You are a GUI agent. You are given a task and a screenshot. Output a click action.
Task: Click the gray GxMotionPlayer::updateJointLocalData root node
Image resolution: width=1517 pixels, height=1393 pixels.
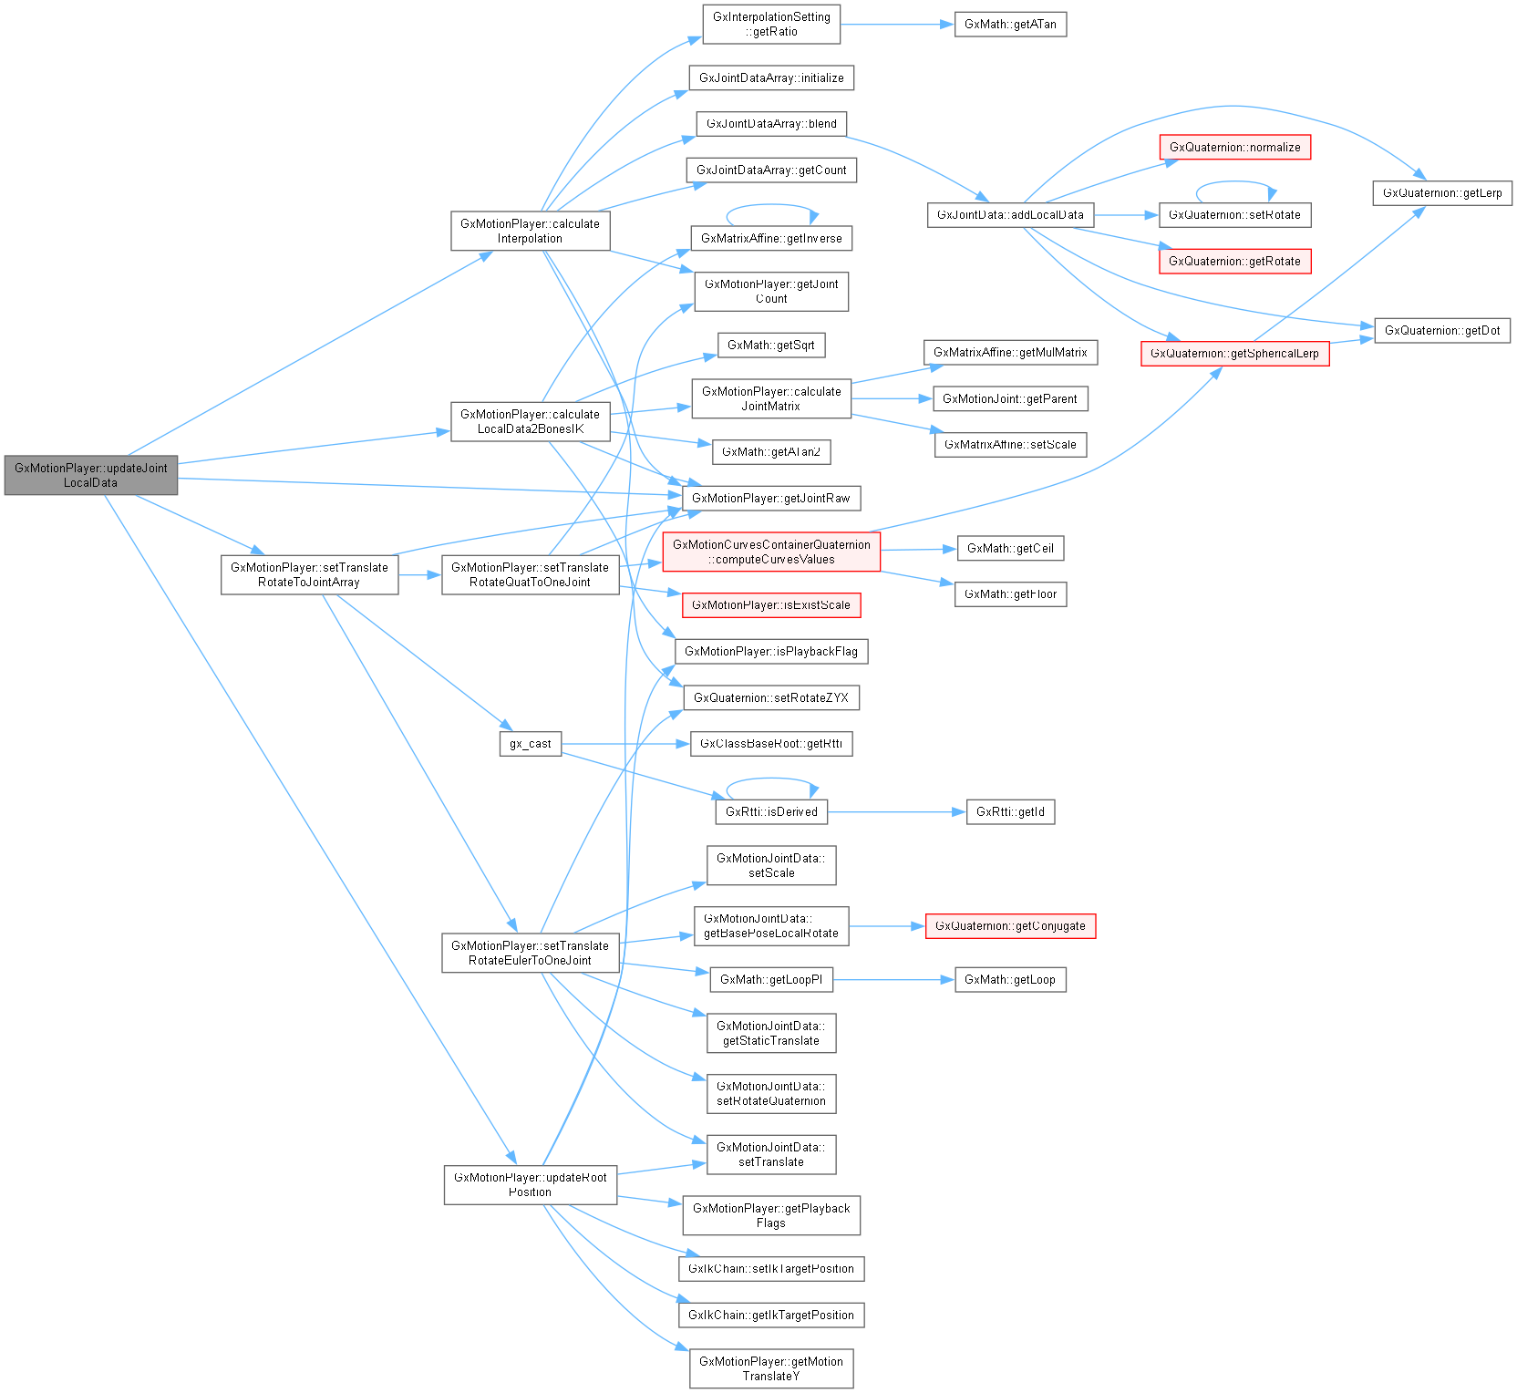pyautogui.click(x=90, y=475)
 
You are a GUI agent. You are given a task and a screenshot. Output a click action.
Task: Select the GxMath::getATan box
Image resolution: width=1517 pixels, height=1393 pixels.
pyautogui.click(x=1010, y=25)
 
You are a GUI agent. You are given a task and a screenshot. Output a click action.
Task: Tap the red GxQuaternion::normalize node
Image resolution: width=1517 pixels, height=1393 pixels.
pyautogui.click(x=1234, y=147)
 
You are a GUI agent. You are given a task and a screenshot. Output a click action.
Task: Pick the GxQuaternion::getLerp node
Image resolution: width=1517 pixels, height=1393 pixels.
pyautogui.click(x=1442, y=192)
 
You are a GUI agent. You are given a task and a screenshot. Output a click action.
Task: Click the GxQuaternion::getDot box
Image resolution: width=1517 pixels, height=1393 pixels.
pyautogui.click(x=1441, y=330)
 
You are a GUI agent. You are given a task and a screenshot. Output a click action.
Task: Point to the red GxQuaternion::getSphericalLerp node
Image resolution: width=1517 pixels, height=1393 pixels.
pyautogui.click(x=1234, y=353)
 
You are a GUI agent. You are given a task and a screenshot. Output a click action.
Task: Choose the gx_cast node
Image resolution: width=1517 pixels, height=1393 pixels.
pyautogui.click(x=530, y=743)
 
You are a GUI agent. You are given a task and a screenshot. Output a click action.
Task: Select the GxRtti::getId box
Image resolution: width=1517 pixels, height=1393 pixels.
pyautogui.click(x=1010, y=811)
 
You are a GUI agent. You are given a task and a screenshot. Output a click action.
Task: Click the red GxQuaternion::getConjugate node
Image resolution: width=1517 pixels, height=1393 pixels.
pyautogui.click(x=1010, y=925)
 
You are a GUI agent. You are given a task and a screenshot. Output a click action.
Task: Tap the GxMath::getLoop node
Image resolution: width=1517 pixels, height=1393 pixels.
pyautogui.click(x=1010, y=979)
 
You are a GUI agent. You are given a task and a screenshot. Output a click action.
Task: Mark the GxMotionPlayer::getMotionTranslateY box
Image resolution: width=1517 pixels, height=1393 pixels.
pyautogui.click(x=771, y=1368)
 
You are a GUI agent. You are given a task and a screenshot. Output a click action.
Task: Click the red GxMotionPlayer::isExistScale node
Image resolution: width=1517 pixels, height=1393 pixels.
pyautogui.click(x=771, y=604)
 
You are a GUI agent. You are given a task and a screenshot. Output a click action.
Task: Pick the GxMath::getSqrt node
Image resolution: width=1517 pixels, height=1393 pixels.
pyautogui.click(x=771, y=345)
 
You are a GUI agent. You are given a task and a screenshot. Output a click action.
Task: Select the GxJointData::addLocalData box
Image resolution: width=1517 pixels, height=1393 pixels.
pyautogui.click(x=1010, y=215)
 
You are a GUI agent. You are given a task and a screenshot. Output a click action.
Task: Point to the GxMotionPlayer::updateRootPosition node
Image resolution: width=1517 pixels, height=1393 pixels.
pyautogui.click(x=530, y=1184)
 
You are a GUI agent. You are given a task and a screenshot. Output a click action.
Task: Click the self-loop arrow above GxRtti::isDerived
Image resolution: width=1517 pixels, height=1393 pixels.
pyautogui.click(x=771, y=779)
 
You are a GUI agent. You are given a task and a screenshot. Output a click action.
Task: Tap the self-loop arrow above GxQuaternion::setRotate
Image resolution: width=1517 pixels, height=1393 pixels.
pyautogui.click(x=1234, y=182)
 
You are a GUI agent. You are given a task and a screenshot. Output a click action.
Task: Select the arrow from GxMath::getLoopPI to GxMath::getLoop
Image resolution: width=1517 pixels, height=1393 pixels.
pyautogui.click(x=893, y=980)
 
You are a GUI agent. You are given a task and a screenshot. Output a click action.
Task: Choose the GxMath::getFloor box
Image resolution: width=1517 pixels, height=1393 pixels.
pyautogui.click(x=1010, y=594)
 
